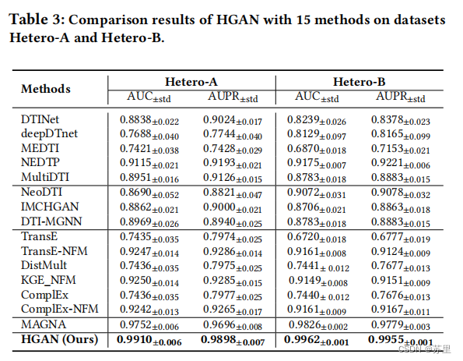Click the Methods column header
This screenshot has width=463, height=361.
[x=46, y=89]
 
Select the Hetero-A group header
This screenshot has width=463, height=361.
[x=191, y=81]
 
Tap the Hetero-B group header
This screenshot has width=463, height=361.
[x=360, y=81]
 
